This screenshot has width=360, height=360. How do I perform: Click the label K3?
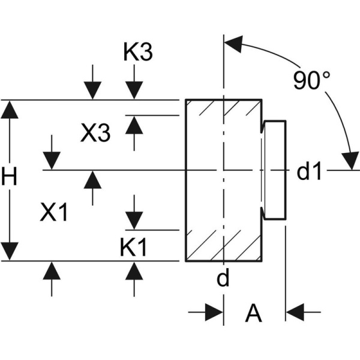pyautogui.click(x=138, y=53)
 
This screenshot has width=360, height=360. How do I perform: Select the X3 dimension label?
pyautogui.click(x=96, y=133)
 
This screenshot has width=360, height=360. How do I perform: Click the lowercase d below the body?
pyautogui.click(x=223, y=279)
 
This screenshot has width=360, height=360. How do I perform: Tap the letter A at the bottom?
pyautogui.click(x=254, y=313)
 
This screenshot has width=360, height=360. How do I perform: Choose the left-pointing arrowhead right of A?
pyautogui.click(x=296, y=312)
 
